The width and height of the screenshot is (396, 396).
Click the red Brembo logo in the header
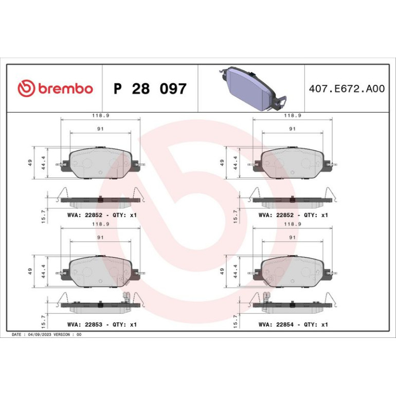(56, 88)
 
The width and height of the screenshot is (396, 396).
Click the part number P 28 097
(150, 88)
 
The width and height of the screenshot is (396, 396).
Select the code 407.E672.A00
(347, 88)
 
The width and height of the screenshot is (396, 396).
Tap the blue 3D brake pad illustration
(253, 88)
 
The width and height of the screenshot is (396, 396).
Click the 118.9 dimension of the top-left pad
(100, 115)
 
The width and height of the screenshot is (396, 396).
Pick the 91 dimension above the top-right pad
(292, 129)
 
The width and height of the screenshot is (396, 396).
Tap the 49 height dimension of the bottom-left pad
(30, 271)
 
